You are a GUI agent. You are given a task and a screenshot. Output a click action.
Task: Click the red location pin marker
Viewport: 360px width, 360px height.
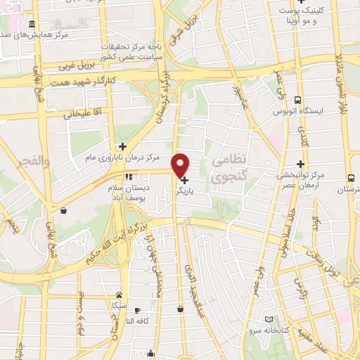tap(181, 165)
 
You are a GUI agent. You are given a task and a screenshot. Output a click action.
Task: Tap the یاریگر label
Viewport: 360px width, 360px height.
tap(202, 190)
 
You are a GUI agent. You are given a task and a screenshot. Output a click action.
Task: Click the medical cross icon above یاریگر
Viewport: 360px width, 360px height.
tap(184, 180)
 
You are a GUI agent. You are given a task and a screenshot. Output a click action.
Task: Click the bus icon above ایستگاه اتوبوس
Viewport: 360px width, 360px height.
tap(298, 100)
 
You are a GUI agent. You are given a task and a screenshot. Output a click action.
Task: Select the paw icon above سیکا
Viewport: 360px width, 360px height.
tap(120, 295)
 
